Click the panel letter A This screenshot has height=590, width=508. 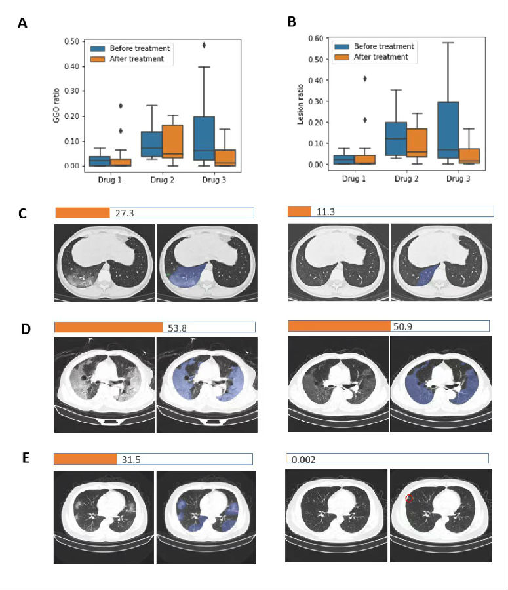pyautogui.click(x=22, y=24)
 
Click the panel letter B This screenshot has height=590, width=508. pyautogui.click(x=292, y=22)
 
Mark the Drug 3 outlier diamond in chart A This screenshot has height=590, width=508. pyautogui.click(x=205, y=45)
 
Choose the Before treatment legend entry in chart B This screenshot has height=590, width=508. pyautogui.click(x=383, y=47)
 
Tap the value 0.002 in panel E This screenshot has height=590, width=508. pyautogui.click(x=302, y=460)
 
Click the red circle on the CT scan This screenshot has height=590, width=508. pyautogui.click(x=409, y=498)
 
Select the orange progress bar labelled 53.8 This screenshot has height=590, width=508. pyautogui.click(x=108, y=327)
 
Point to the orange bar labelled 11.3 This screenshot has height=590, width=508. pyautogui.click(x=300, y=211)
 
